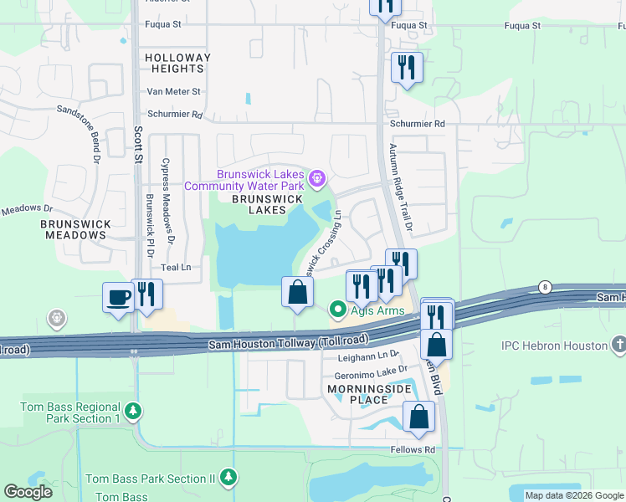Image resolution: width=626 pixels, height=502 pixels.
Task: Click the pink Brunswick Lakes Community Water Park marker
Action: click(317, 177)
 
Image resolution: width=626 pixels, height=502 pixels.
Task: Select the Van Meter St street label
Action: click(174, 91)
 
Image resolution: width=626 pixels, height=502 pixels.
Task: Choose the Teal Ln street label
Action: click(176, 267)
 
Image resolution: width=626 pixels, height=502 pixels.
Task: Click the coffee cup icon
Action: click(117, 297)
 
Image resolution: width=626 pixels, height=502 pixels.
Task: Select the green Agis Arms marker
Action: click(338, 310)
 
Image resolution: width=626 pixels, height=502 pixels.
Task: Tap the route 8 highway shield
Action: click(545, 286)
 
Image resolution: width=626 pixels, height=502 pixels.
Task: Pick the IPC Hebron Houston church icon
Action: click(618, 345)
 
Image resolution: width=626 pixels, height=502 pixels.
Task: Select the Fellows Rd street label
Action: click(413, 449)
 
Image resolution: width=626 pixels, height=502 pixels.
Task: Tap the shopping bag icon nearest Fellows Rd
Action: click(418, 416)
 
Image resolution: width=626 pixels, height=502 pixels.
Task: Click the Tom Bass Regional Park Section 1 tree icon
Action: click(132, 412)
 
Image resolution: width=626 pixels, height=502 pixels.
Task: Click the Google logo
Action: click(29, 492)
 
